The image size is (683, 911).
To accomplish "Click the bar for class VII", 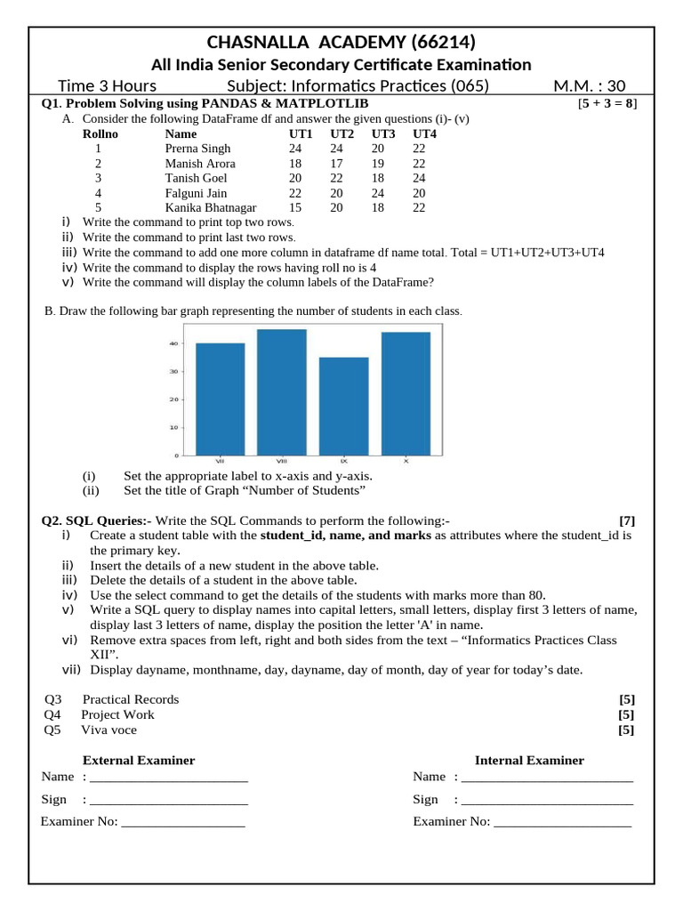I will [x=220, y=399].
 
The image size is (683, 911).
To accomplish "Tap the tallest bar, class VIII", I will [x=281, y=391].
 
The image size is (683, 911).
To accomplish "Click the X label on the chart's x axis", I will [x=406, y=461].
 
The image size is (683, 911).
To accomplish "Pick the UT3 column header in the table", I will [x=383, y=133].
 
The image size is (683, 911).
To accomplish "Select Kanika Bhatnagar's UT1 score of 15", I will [x=295, y=207].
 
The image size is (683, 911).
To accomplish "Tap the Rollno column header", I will [x=100, y=133].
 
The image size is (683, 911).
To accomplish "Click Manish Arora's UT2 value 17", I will [x=336, y=164].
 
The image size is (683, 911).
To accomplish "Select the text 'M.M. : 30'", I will [x=589, y=85].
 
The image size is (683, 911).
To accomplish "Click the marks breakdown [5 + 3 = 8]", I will [x=607, y=104].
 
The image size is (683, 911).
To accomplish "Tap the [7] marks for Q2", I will [x=627, y=520].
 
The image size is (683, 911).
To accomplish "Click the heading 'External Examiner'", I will [x=139, y=760].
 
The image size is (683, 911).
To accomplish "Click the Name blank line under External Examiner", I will [x=169, y=778].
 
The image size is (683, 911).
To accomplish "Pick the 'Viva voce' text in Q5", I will [x=109, y=730].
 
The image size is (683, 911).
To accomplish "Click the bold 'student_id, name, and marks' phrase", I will [x=346, y=536].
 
